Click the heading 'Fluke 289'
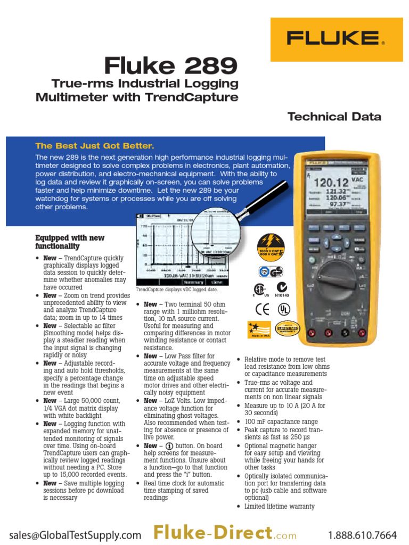[x=170, y=67]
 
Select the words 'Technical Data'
[x=334, y=117]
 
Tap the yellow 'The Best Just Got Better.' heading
[x=94, y=146]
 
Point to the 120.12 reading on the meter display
[x=332, y=183]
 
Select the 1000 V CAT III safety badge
[x=271, y=246]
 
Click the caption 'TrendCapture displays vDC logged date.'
[x=177, y=290]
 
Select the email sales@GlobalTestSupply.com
[x=75, y=535]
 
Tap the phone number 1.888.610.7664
[x=362, y=535]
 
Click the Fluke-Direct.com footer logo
[x=220, y=533]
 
